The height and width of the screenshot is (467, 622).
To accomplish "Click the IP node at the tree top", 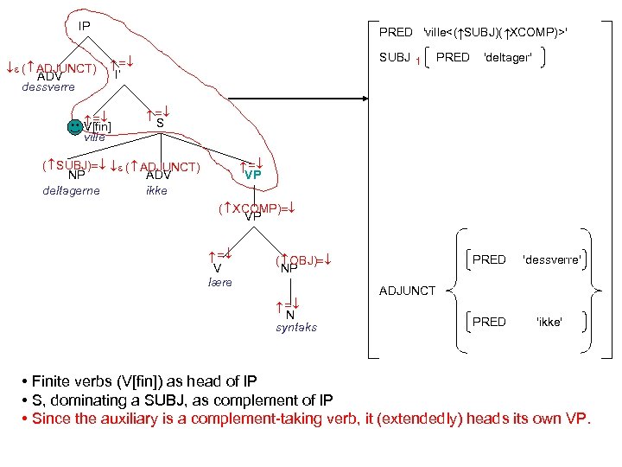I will [84, 26].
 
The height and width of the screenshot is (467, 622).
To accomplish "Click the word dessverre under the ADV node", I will [48, 86].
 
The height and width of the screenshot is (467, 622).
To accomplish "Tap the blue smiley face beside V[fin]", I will [76, 126].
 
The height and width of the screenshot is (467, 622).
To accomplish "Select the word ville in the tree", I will [94, 137].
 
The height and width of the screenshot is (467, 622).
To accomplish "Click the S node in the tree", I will [160, 123].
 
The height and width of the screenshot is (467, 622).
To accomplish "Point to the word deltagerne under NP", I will [71, 190].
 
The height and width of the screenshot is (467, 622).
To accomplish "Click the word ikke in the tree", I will [156, 190].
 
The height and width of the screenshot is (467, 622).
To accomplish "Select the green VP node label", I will [252, 175].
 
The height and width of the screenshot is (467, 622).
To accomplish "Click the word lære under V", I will [220, 282].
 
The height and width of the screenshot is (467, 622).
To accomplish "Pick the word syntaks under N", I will [296, 327].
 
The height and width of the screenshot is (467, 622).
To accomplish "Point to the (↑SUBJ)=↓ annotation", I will [73, 164].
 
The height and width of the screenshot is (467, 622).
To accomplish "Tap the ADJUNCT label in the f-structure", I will [408, 291].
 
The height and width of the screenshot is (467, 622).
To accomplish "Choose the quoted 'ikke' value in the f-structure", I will [549, 322].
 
